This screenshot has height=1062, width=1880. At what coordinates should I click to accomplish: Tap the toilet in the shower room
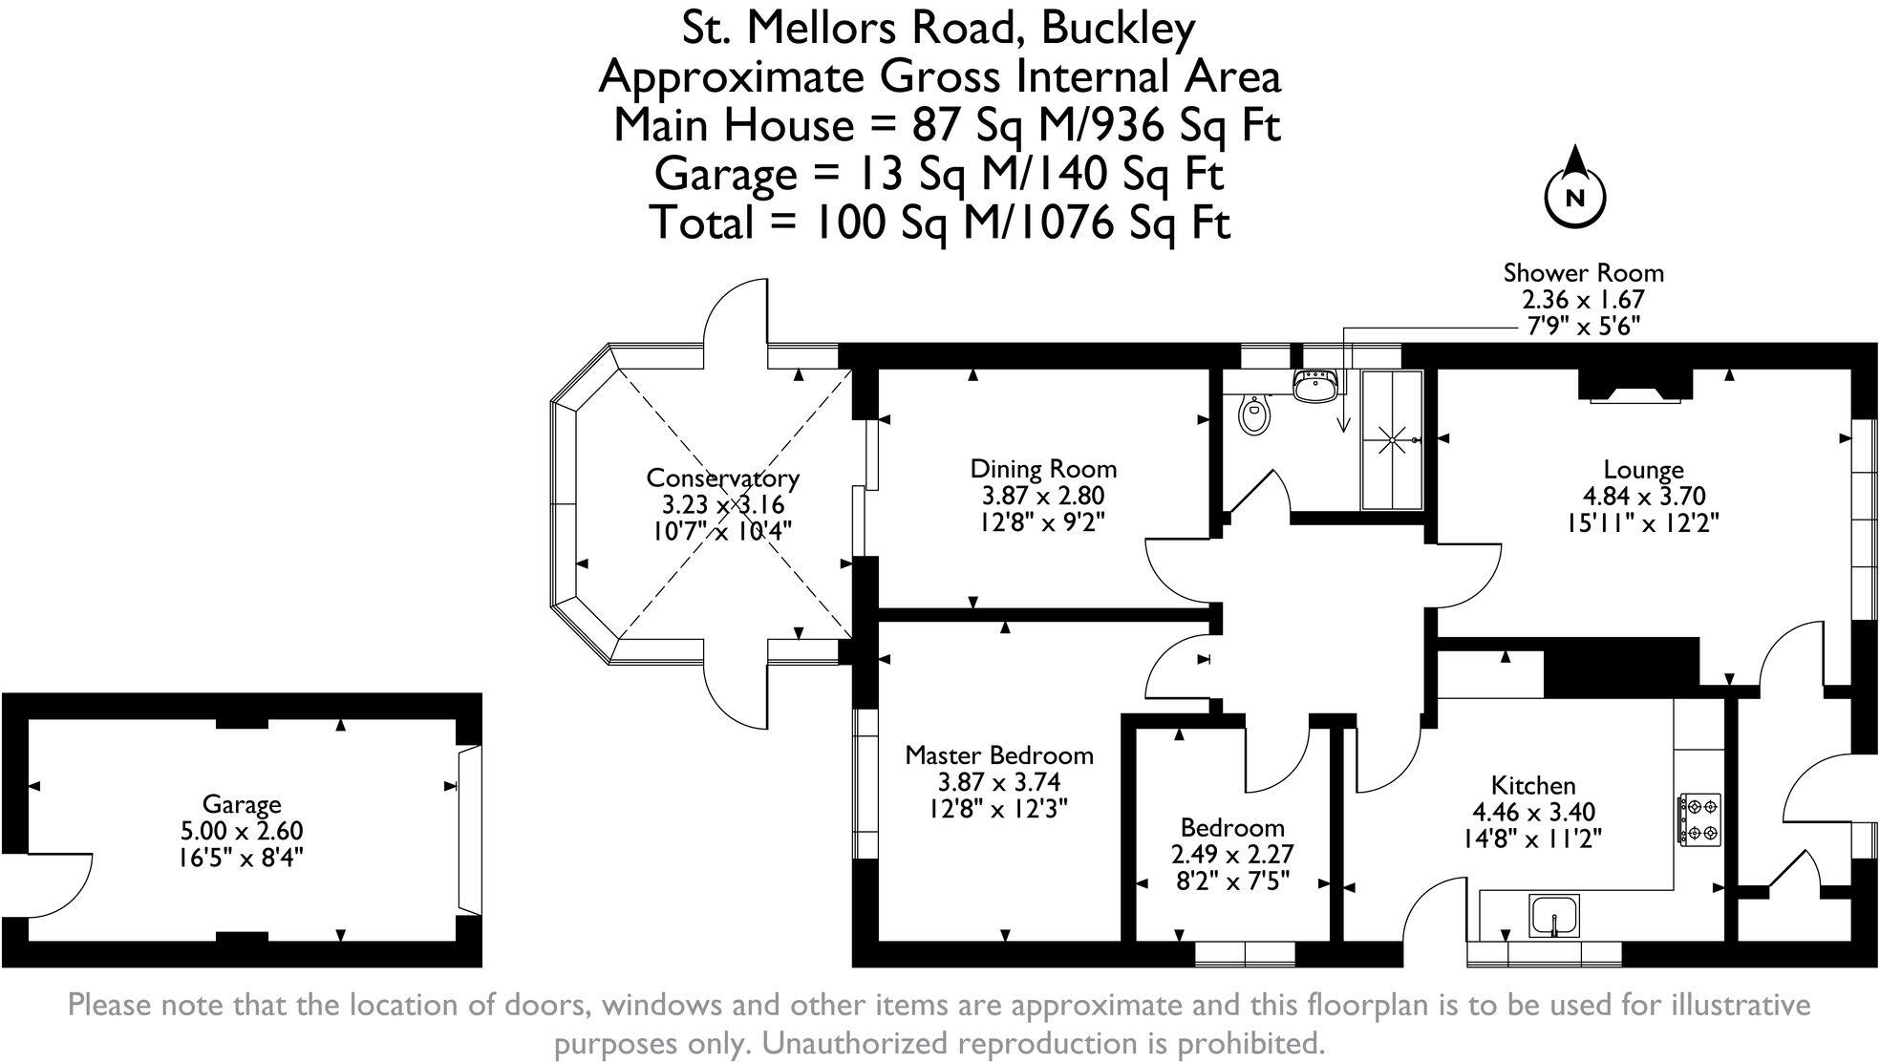pos(1254,414)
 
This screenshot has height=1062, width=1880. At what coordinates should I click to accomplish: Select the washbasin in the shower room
pos(1315,387)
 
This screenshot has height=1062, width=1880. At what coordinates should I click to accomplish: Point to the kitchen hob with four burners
pos(1698,819)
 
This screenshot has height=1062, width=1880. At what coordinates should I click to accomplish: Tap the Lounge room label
pos(1642,470)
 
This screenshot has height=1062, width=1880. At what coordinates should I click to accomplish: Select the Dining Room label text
pos(1043,469)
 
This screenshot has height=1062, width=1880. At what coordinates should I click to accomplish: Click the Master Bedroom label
pos(998,755)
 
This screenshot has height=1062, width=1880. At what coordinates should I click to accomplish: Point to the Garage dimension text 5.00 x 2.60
pos(242,831)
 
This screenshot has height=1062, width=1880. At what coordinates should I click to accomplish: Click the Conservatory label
pos(722,478)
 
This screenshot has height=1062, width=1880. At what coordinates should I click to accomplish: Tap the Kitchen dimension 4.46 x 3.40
pos(1533,812)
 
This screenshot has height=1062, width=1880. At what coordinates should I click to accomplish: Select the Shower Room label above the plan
pos(1583,273)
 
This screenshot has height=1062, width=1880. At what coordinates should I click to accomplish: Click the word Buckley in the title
pos(1118,29)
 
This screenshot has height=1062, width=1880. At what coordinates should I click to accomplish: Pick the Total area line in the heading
pos(940,223)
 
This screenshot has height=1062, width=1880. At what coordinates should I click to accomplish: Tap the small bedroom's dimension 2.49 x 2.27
pos(1232,854)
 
